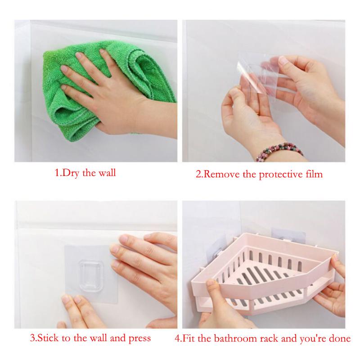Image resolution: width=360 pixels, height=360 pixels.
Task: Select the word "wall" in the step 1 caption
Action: coord(106,172)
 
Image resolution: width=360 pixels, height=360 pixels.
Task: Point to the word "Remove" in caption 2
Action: coord(222,174)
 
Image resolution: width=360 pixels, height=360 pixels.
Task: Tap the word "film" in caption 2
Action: coord(313,174)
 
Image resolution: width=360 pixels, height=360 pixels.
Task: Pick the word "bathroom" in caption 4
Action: coord(243,338)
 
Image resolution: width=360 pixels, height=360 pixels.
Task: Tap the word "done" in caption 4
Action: coord(340,338)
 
